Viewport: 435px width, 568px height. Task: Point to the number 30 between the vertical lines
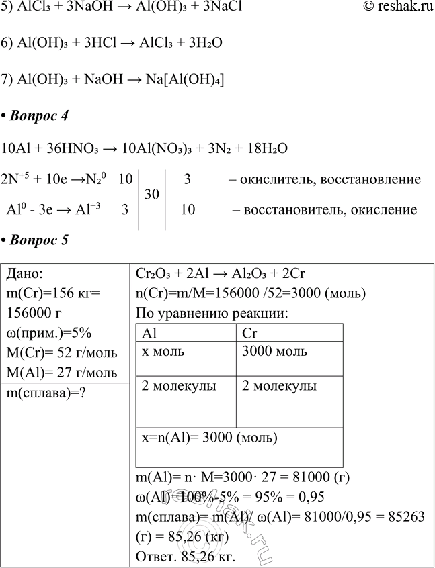[151, 195]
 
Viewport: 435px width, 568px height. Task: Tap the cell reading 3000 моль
[274, 352]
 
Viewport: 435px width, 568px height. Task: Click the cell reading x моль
[163, 352]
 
